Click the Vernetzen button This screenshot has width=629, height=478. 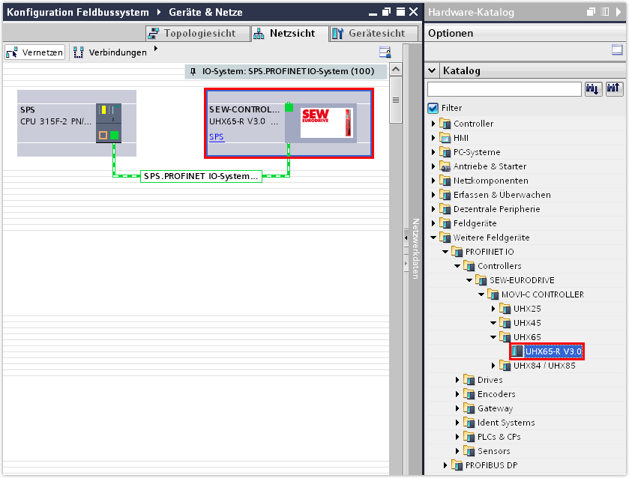35,52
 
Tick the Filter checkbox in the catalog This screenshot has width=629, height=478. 433,108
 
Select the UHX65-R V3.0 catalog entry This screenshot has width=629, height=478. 553,351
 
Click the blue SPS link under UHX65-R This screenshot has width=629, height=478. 216,137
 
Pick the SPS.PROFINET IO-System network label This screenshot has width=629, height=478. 201,177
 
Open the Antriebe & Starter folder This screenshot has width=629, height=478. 490,166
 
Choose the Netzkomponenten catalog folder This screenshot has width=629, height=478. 490,181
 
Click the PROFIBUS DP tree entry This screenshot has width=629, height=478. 491,465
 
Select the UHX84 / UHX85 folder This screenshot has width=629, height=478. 544,366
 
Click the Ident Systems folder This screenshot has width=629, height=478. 505,423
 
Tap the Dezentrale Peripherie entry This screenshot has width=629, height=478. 496,209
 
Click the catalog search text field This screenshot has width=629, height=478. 504,89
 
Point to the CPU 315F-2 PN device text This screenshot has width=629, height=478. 56,121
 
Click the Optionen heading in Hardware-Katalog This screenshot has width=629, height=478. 451,34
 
